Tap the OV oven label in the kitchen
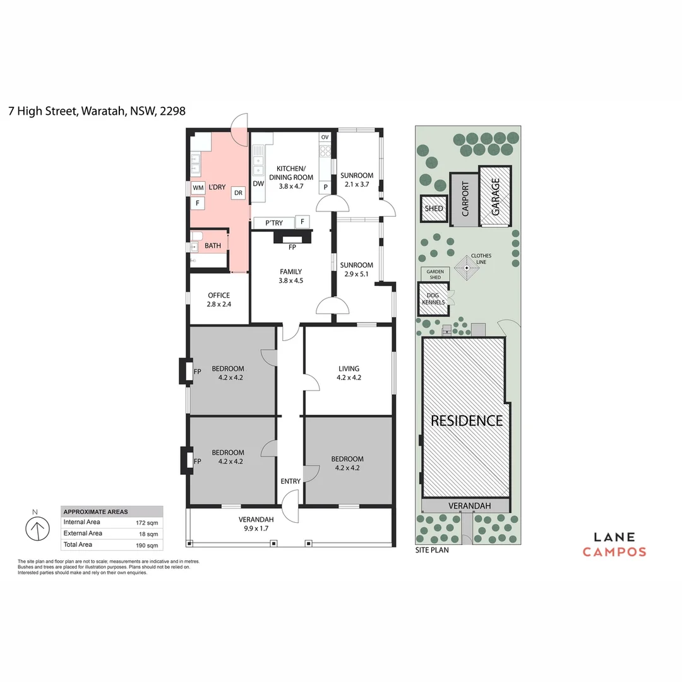(x=325, y=137)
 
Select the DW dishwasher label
(x=258, y=184)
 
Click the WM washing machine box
(x=198, y=188)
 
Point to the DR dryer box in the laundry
(x=238, y=193)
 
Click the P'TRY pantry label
(x=274, y=223)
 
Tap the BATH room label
(x=213, y=246)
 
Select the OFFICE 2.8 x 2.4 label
(x=218, y=299)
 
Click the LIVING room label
(x=349, y=373)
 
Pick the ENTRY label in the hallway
(x=290, y=481)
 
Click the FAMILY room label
(x=291, y=276)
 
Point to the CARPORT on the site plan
(x=465, y=199)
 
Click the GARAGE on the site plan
(x=496, y=196)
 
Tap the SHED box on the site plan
(x=434, y=208)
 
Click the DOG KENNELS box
(x=434, y=298)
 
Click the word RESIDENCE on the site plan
(x=467, y=421)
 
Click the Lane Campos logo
(x=614, y=544)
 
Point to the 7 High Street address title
(x=97, y=111)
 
